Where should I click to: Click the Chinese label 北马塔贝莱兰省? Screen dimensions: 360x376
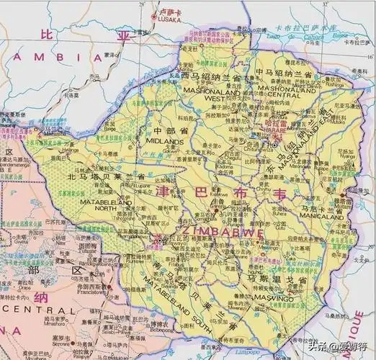[105, 176]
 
